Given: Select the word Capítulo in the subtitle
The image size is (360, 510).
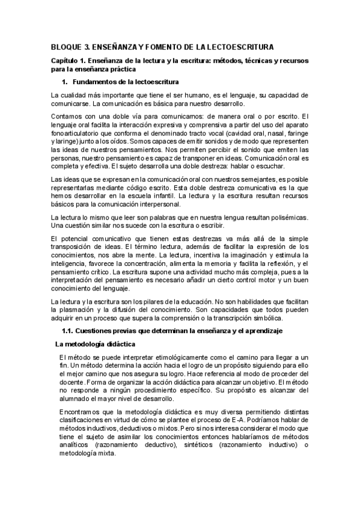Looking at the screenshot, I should (66, 61).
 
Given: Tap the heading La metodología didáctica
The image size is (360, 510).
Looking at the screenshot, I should (95, 344).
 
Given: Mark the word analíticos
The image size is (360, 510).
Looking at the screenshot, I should (75, 444).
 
